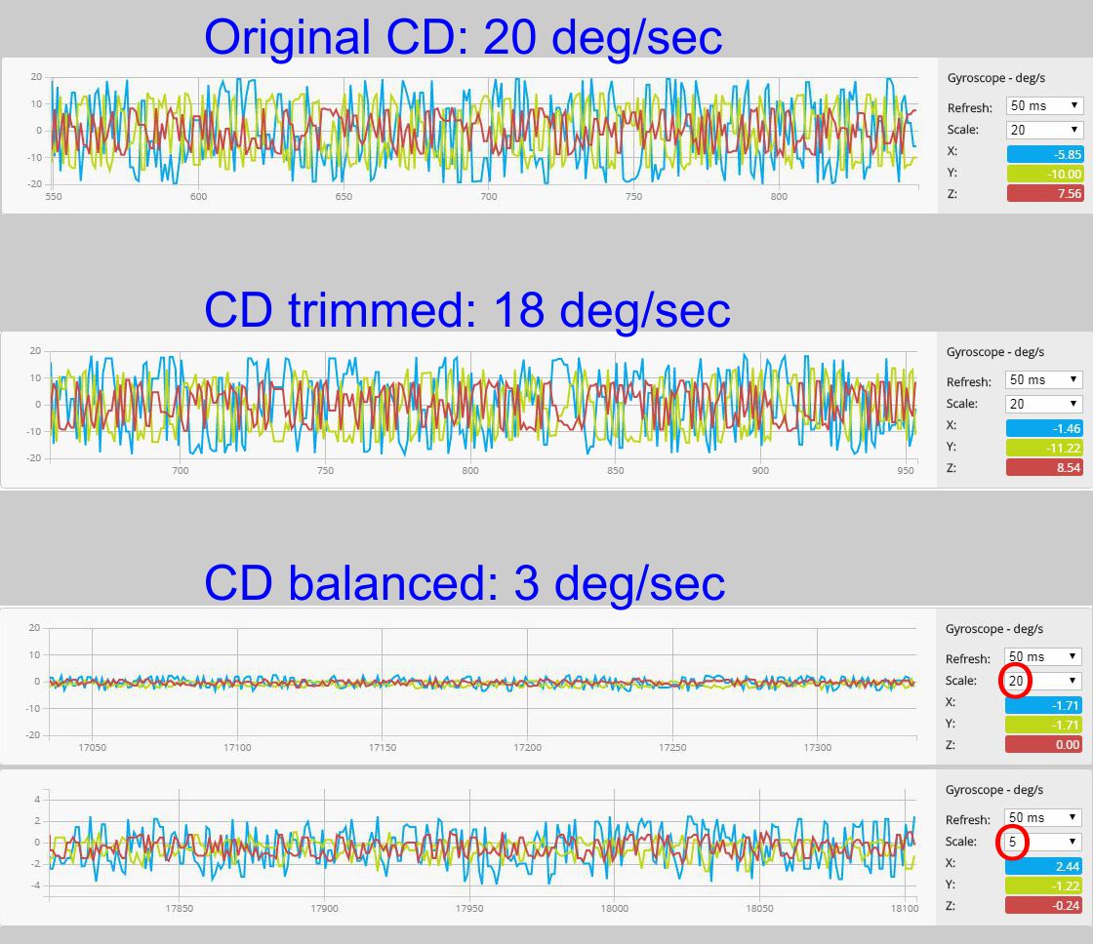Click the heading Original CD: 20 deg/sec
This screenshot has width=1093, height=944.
[464, 37]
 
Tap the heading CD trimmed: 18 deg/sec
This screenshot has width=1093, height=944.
[467, 310]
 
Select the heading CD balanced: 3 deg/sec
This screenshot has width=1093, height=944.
[465, 582]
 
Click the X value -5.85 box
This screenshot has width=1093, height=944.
[1044, 153]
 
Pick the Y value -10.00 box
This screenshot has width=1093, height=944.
[1044, 174]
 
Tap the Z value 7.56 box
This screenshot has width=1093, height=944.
[1044, 194]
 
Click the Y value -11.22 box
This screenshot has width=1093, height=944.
[1044, 447]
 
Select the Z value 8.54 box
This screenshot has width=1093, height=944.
[1044, 467]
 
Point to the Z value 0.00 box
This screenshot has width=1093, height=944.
[1044, 744]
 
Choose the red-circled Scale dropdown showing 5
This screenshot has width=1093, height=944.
[1043, 842]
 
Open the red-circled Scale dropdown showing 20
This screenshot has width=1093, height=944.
[1043, 681]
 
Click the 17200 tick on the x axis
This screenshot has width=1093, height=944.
[527, 747]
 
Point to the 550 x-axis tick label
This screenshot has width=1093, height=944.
[54, 196]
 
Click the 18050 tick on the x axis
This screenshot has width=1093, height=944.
[759, 908]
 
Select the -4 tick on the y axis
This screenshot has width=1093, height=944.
[35, 885]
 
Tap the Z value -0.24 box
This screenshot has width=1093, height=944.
[1044, 906]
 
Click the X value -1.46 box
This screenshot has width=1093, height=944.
[1044, 426]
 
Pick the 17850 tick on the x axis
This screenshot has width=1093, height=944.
[179, 908]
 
